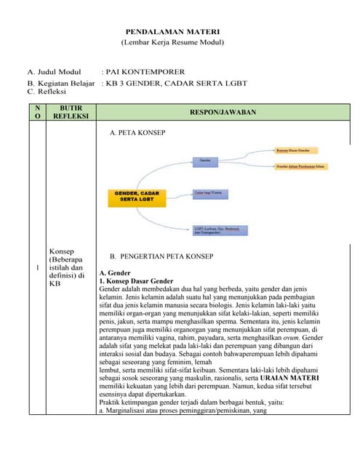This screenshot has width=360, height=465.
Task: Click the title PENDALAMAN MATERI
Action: [x=172, y=33]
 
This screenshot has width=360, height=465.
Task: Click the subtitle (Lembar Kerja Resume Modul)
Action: [x=172, y=44]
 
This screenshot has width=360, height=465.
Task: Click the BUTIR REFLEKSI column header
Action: [x=71, y=113]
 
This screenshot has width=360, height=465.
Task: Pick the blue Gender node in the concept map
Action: [x=208, y=159]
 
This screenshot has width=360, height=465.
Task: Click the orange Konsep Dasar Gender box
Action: [x=297, y=151]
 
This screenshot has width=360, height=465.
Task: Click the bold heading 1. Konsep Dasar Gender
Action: [x=136, y=280]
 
